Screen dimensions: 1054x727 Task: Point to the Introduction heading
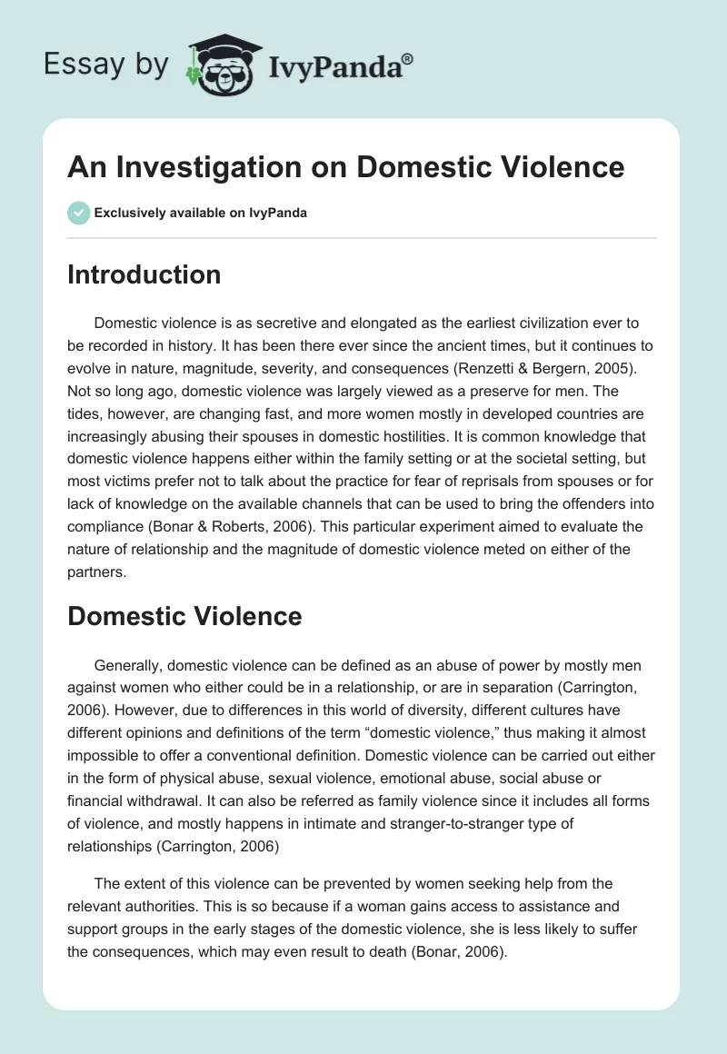click(x=144, y=274)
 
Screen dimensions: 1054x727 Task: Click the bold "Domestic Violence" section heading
click(x=184, y=616)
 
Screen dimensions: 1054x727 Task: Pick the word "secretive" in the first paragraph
click(x=264, y=323)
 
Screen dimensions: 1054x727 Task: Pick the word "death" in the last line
click(x=442, y=949)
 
